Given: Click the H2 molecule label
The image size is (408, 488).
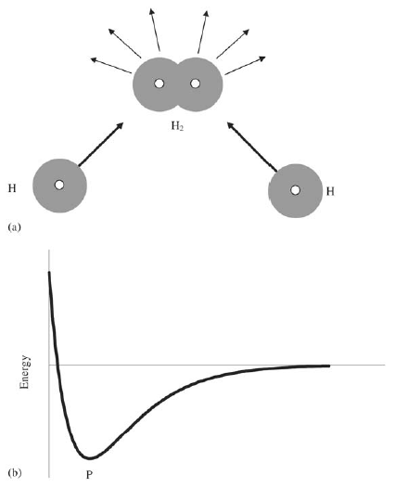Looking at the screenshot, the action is point(177,126).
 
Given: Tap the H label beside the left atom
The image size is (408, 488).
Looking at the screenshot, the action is point(12,188).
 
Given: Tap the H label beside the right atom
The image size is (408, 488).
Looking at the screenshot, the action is point(330,191).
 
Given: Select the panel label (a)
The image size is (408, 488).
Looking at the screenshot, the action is point(14,227).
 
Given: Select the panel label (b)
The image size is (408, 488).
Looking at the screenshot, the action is point(14,473).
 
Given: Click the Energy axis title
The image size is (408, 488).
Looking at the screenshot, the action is point(24,372).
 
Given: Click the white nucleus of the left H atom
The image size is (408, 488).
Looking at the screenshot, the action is point(59,185).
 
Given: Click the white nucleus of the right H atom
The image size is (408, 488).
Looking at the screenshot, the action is point(296,190).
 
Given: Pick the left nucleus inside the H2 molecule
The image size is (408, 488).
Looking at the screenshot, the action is point(159,83).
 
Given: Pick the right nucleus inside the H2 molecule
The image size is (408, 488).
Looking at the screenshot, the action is point(196,83).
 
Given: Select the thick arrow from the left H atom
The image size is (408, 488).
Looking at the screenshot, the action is point(101,144).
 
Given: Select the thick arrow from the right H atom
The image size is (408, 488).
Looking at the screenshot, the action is point(252,147).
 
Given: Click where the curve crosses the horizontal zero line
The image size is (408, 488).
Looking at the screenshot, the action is point(57,365).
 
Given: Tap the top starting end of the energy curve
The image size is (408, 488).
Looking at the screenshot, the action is point(49,273).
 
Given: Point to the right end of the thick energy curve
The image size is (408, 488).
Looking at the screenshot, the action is point(329,366).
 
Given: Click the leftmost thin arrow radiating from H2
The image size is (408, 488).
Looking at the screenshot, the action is point(110,65).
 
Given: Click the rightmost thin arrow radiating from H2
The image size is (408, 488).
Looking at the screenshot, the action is point(246,66).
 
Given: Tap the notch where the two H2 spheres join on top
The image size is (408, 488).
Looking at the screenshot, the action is point(177,64).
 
